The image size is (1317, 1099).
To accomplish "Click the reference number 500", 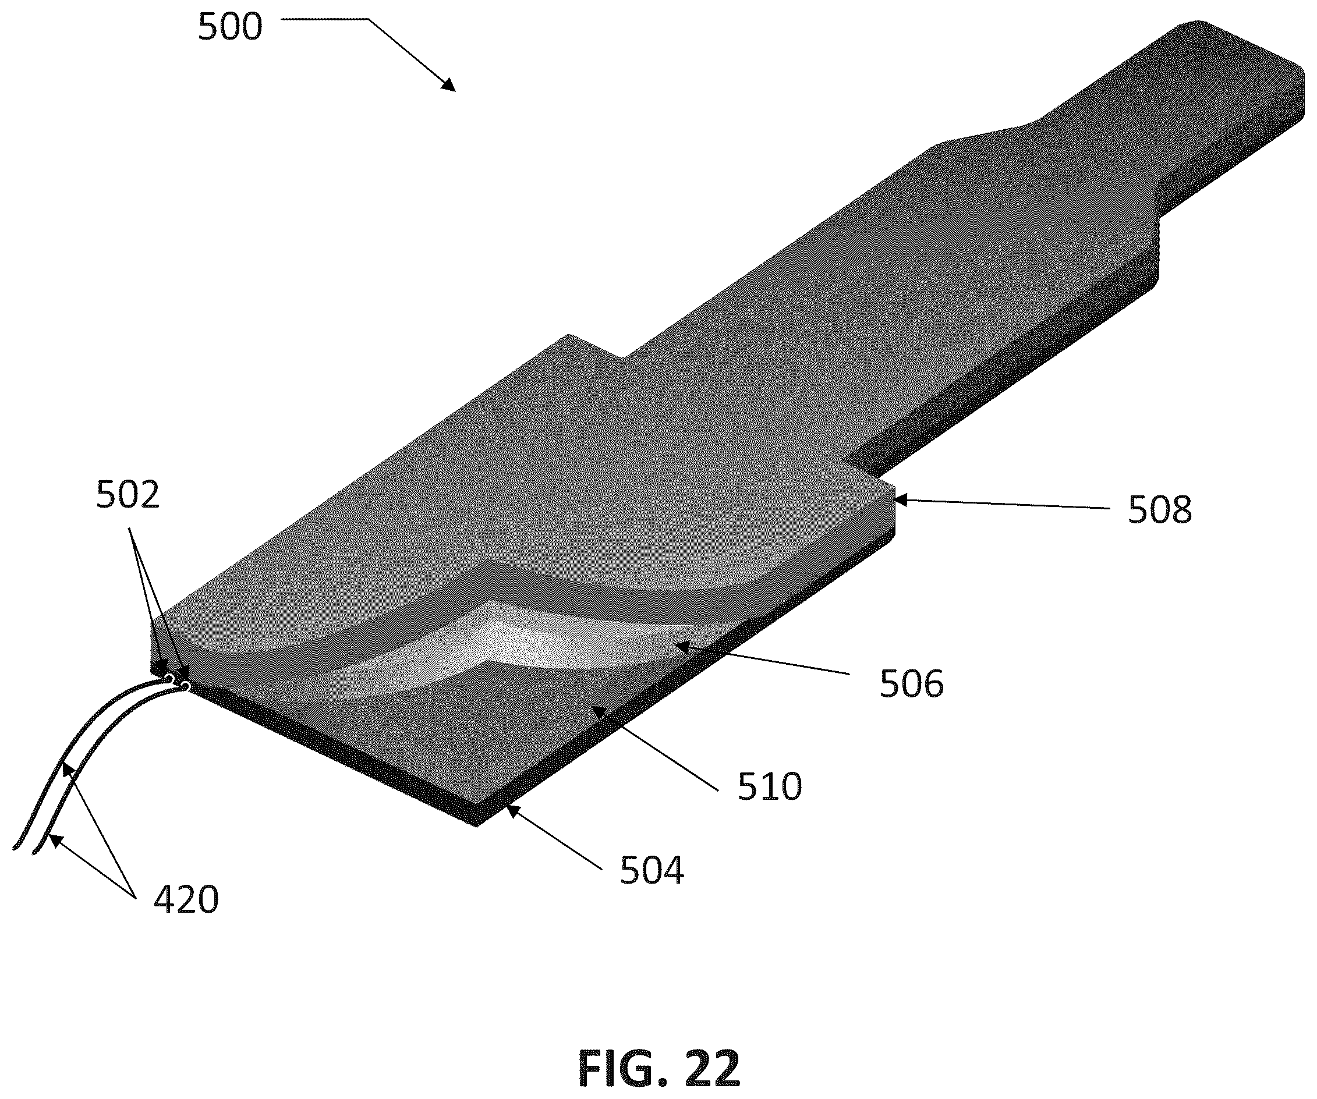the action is pyautogui.click(x=229, y=28).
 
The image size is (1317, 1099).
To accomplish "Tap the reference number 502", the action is pyautogui.click(x=128, y=495).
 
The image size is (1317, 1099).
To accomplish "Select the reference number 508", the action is pyautogui.click(x=1160, y=510).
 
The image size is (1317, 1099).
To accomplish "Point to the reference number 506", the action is pyautogui.click(x=911, y=683).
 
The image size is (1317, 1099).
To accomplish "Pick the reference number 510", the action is pyautogui.click(x=770, y=786).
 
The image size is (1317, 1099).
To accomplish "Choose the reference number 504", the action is pyautogui.click(x=652, y=871).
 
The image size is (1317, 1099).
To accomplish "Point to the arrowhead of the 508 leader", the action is pyautogui.click(x=902, y=500).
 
